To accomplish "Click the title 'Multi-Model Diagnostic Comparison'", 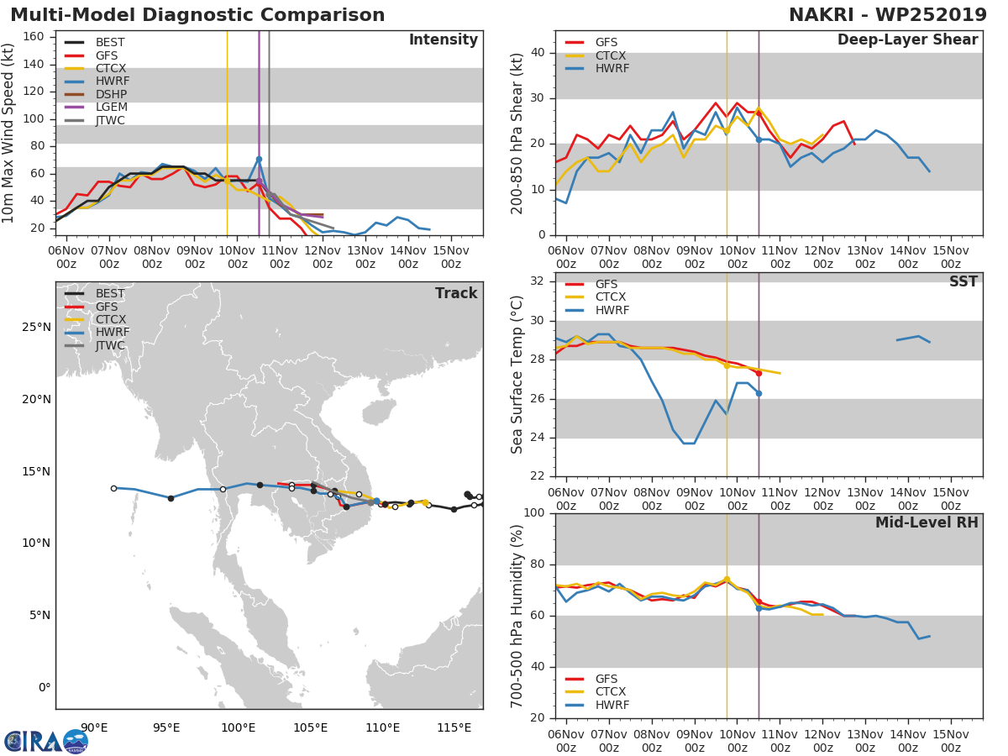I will coord(197,15).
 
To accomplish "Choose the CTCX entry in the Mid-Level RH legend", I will coord(612,692).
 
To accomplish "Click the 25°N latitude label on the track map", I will coord(37,327).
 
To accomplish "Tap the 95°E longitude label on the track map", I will coord(166,727).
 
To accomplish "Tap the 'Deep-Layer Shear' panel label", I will coord(907,40).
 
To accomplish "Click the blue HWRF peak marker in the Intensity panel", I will coord(259,159).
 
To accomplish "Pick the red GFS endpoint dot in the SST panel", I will coord(759,373).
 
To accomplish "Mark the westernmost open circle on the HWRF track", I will coord(113,488).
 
